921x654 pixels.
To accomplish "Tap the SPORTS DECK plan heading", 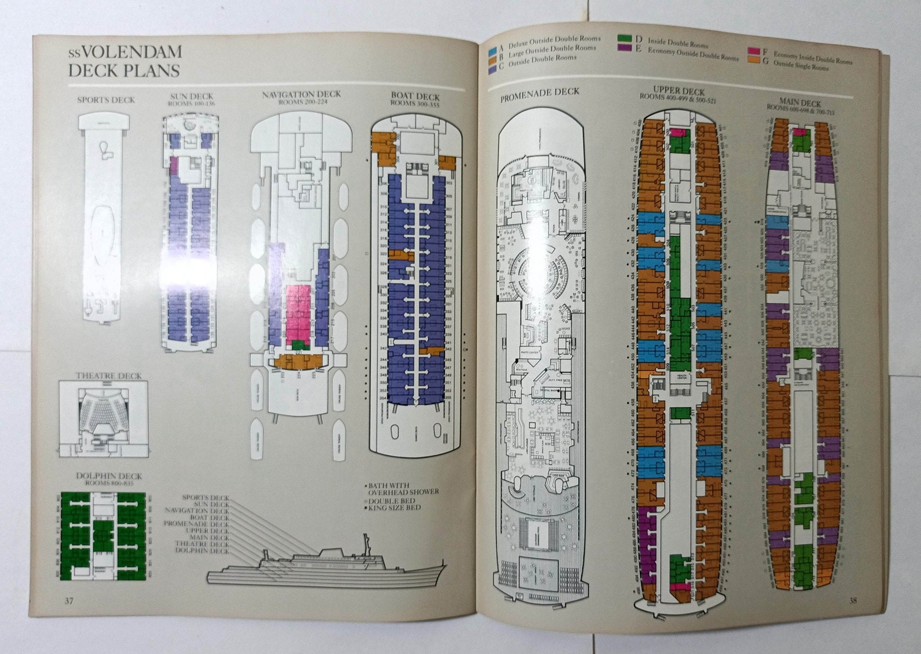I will (x=106, y=100).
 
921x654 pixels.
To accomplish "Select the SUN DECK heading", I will (x=192, y=97).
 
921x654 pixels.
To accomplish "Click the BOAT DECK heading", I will (x=415, y=96).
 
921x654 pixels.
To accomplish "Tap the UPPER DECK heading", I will (x=679, y=90).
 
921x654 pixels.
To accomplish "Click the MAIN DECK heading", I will (x=800, y=103).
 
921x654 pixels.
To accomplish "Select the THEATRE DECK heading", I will (x=109, y=376).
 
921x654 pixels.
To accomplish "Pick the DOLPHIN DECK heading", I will (x=109, y=476).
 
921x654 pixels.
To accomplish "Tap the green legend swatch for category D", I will (x=623, y=39).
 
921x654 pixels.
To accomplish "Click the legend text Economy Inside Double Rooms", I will (x=813, y=58).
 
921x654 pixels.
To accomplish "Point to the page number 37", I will (x=69, y=601).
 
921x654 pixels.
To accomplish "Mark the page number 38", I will (x=852, y=601).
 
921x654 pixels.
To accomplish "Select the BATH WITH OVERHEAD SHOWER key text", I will (x=401, y=488).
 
